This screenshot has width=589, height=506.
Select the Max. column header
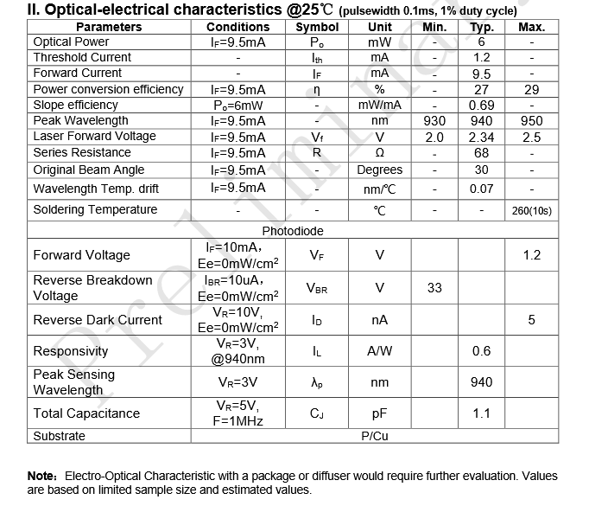point(531,27)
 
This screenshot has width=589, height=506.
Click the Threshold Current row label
point(82,57)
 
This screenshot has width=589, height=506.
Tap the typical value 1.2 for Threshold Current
point(481,57)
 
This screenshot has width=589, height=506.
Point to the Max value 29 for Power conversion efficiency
point(531,89)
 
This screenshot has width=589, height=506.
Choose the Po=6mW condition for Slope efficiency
point(237,105)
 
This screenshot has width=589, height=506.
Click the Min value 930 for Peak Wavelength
point(434,121)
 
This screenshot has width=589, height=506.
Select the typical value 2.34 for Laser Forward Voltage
point(481,137)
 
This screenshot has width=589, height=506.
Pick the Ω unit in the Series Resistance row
point(379,153)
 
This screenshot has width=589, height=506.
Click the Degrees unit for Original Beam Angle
point(379,170)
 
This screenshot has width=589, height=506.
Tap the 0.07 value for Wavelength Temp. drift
point(481,188)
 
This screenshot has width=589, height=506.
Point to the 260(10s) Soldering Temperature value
point(531,210)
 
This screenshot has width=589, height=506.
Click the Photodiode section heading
point(293,231)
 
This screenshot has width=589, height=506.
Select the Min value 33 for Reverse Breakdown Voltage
point(434,288)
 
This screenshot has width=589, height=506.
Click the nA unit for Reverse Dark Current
point(379,320)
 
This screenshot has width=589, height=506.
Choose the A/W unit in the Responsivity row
point(379,351)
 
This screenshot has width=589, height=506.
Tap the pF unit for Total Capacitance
point(379,414)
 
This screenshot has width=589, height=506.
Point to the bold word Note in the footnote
point(41,476)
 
